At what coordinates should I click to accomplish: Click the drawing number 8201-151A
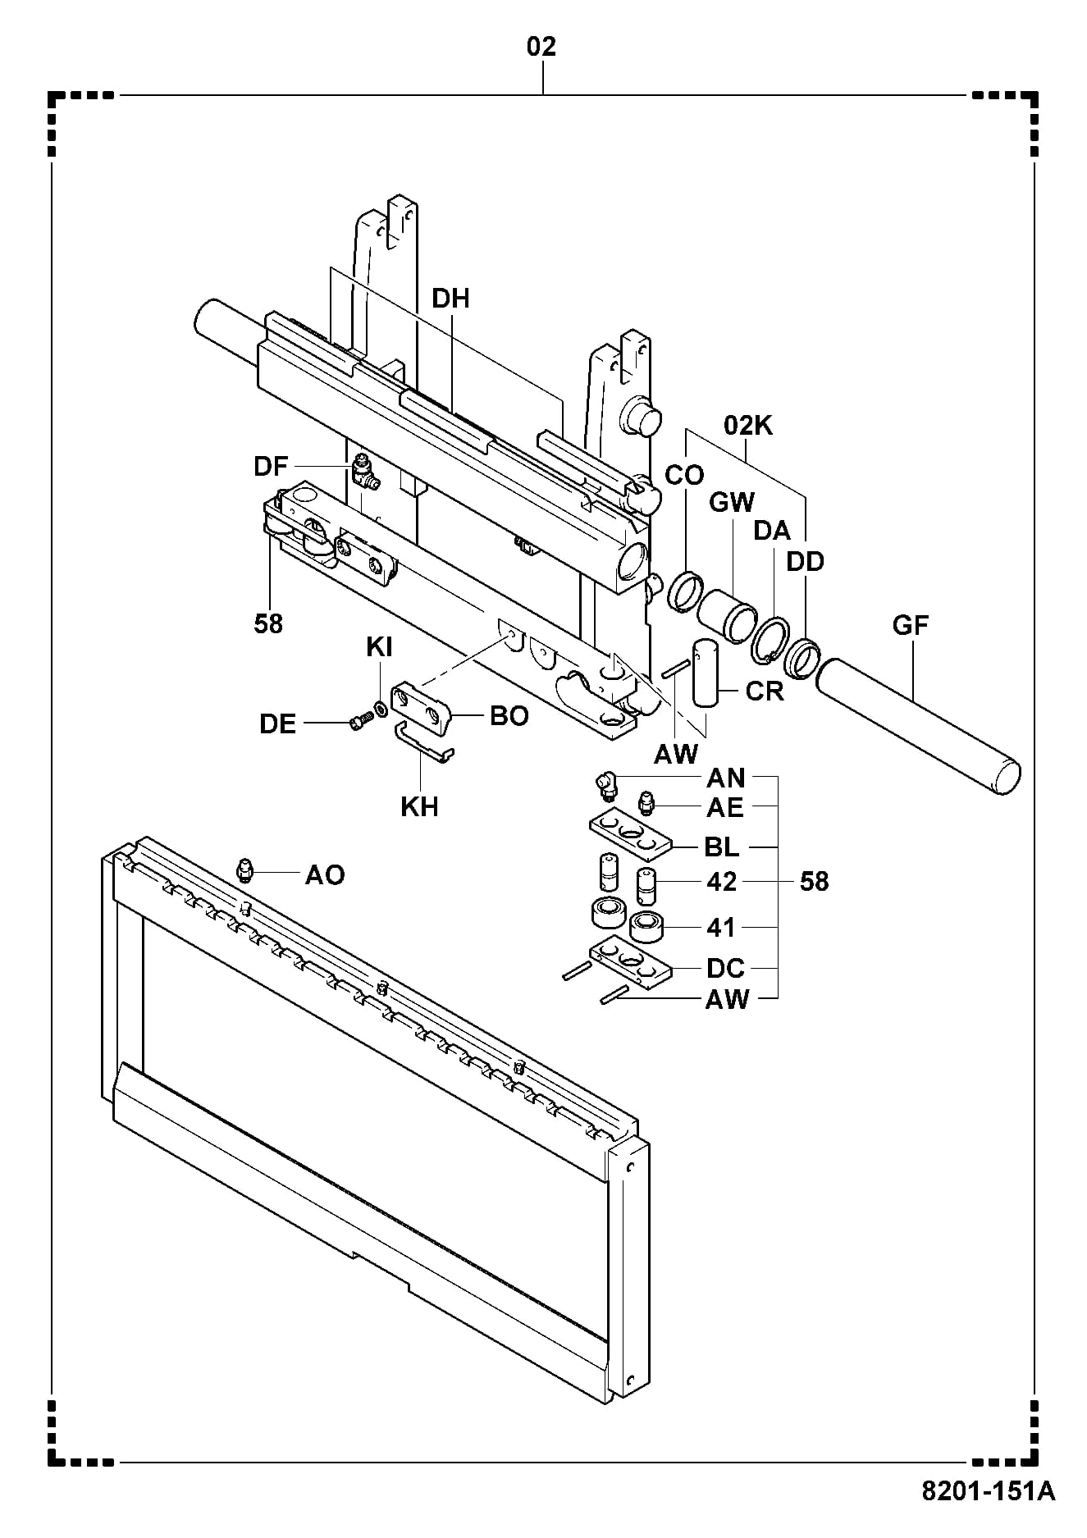click(989, 1513)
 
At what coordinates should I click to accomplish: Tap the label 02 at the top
click(541, 47)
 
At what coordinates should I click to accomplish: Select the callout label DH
click(450, 299)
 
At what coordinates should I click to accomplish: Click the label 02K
click(748, 426)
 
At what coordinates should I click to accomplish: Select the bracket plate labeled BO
click(422, 707)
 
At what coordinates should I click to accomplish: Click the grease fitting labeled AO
click(244, 869)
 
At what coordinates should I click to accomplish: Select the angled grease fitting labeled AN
click(605, 786)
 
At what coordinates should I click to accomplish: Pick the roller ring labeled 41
click(647, 926)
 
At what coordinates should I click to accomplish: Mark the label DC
click(725, 968)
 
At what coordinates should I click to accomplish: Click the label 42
click(721, 881)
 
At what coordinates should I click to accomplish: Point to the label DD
click(805, 562)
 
